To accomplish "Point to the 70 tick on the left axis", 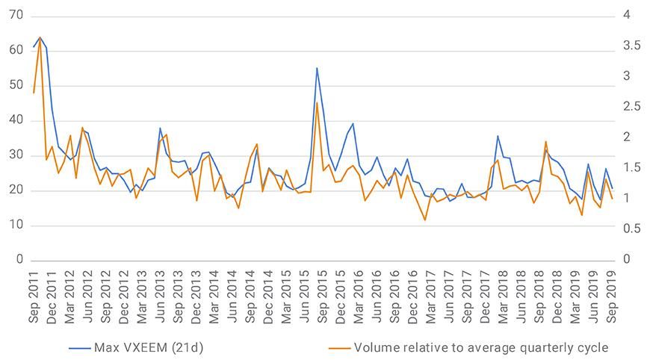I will pos(14,15).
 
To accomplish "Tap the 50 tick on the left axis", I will pos(14,85).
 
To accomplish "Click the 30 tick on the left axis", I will pos(14,155).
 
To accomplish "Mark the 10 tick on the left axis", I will pos(14,225).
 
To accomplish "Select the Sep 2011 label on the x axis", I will pos(34,295).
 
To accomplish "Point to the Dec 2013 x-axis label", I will pos(196,295).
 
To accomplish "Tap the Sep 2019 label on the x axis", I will pos(612,295).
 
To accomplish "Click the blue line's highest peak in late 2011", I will pos(40,37).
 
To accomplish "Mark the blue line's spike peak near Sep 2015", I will pos(317,68).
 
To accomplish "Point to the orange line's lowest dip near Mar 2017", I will pos(425,220).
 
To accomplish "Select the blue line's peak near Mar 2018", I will pos(498,136).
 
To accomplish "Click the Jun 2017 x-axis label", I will pos(449,295).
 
